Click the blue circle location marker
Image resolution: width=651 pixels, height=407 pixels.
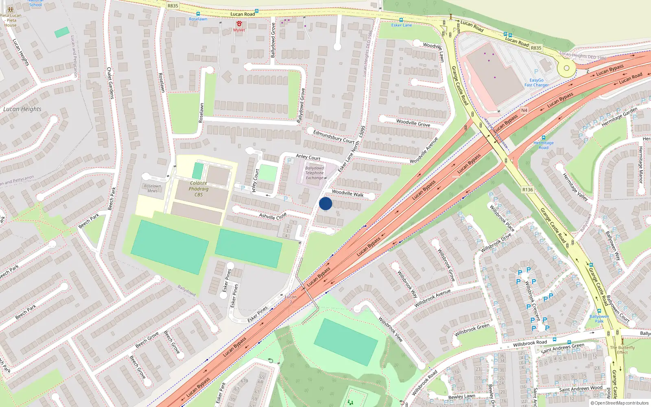(325, 203)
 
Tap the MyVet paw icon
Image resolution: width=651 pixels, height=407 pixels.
(239, 24)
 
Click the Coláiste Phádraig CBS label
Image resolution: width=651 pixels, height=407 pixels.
(199, 189)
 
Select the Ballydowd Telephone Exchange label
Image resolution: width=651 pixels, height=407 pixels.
(315, 173)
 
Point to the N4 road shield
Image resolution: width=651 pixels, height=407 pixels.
(524, 110)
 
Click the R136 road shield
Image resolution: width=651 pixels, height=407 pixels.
(527, 190)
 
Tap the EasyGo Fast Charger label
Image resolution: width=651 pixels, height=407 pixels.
(536, 83)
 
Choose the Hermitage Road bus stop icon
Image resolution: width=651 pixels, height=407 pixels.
(543, 138)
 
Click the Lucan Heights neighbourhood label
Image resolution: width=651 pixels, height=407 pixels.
(22, 109)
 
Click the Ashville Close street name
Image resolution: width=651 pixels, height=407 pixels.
(273, 216)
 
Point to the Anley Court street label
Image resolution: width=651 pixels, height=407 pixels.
(308, 157)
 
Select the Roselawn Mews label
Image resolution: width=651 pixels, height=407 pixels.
(153, 188)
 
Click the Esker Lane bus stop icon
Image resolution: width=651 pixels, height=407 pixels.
(401, 20)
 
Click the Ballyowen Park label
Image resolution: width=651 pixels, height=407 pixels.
(599, 319)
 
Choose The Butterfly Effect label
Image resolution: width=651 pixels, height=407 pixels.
(622, 350)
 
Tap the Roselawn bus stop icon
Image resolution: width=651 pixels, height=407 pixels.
(198, 14)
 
